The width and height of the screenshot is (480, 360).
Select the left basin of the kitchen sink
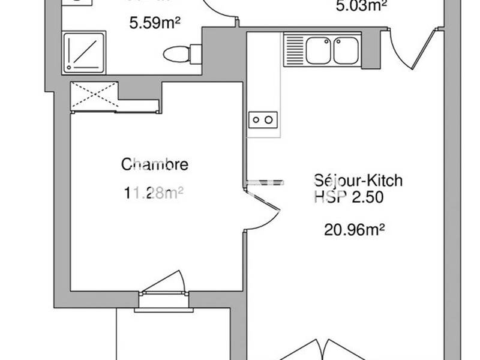click(x=319, y=49)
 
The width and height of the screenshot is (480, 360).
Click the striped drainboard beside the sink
click(x=295, y=49)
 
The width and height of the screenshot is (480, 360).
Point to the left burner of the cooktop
click(x=256, y=120)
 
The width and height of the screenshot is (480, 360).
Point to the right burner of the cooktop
click(x=269, y=120)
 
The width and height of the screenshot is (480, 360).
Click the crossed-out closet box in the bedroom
click(x=94, y=95)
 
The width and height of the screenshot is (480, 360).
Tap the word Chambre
click(x=155, y=164)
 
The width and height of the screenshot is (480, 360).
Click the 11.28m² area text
click(x=153, y=193)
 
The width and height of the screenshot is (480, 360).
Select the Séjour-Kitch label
click(x=358, y=180)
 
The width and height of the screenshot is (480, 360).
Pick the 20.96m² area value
click(x=354, y=228)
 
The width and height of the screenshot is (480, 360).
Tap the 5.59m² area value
click(x=155, y=24)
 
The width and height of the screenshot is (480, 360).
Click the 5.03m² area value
click(x=360, y=6)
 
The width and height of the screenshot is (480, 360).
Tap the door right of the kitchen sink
click(x=414, y=48)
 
